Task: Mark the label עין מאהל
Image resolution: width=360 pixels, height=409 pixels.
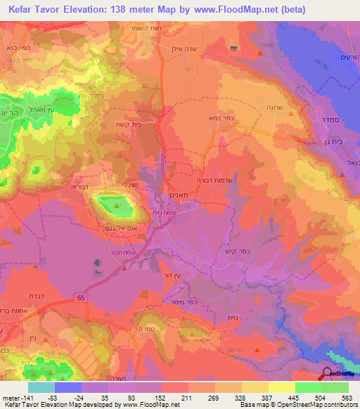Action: pos(54,109)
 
